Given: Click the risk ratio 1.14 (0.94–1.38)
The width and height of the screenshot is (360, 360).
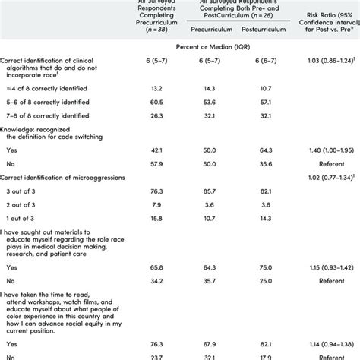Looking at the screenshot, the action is (x=324, y=343).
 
